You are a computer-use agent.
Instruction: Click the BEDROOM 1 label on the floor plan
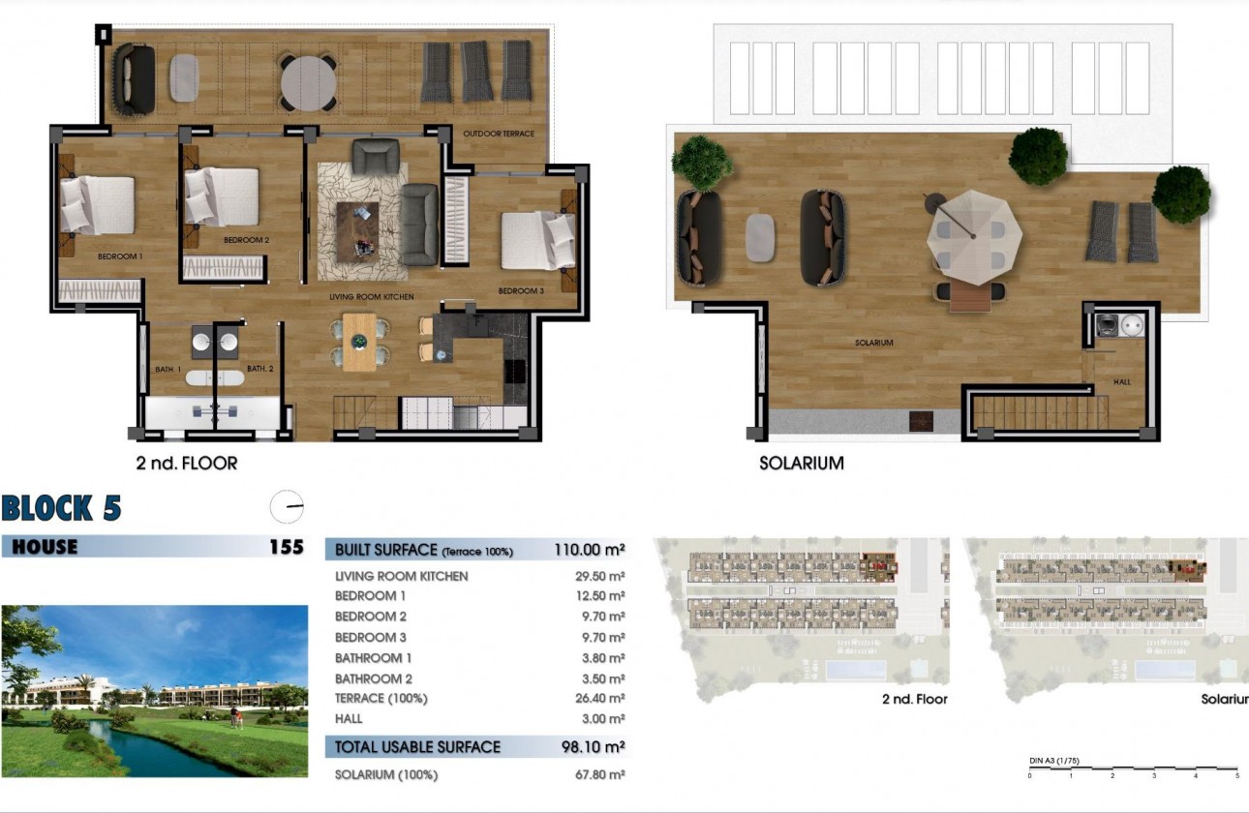(120, 256)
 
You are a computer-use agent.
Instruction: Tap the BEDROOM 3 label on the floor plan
(521, 291)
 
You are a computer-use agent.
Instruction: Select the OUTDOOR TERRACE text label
(498, 134)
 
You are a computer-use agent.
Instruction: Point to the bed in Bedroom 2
(223, 196)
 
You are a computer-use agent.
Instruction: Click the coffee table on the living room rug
(357, 228)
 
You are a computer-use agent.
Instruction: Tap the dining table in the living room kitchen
(360, 342)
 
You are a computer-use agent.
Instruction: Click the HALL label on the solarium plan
(1121, 382)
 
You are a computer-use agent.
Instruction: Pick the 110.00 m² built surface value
(589, 550)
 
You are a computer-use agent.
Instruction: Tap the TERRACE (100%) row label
(381, 699)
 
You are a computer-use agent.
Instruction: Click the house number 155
(286, 547)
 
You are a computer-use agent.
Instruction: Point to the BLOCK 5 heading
(61, 508)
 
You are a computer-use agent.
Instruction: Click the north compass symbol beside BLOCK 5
(287, 507)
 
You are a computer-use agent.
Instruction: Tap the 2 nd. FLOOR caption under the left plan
(186, 464)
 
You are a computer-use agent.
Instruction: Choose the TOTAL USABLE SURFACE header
(417, 747)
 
